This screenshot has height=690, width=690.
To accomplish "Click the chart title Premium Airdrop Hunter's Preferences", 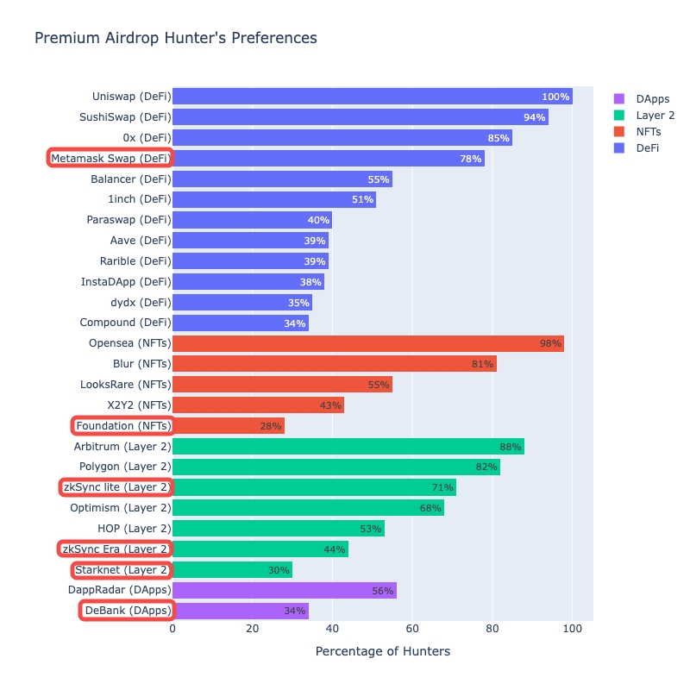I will click(175, 38).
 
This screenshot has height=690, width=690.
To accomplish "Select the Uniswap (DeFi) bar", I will click(372, 97).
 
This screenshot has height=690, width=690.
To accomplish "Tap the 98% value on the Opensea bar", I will click(550, 343).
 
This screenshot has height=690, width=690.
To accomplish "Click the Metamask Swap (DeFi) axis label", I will click(110, 158).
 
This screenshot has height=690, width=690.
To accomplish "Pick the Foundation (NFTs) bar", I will click(228, 425).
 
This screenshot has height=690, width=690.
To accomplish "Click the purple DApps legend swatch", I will click(618, 99).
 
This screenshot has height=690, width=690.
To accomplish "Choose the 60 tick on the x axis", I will click(412, 629).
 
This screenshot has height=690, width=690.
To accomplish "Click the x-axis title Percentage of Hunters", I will click(382, 651).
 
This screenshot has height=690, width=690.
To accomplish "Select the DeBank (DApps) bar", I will click(240, 611).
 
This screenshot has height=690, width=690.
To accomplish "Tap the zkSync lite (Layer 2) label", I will click(116, 487).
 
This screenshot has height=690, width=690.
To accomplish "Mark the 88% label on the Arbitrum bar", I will click(511, 447).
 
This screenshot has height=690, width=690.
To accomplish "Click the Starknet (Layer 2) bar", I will click(232, 569).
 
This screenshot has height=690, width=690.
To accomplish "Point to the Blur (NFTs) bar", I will click(334, 364).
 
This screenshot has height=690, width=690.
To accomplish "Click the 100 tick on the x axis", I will click(572, 629).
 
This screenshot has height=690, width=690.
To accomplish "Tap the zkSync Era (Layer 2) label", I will click(115, 549).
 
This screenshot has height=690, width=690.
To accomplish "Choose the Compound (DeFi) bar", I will click(240, 323).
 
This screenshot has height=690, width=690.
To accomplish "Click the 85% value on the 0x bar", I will click(498, 138).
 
